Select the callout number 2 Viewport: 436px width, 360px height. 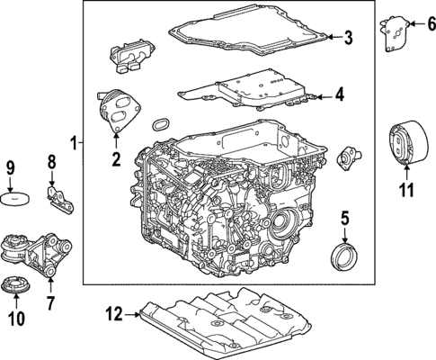(x=115, y=160)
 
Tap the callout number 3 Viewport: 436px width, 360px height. (x=349, y=37)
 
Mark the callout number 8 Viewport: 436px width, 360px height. (x=51, y=162)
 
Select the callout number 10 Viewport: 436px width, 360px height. (x=14, y=318)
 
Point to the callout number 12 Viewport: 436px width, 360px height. (x=111, y=314)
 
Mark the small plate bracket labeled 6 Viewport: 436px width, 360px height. (x=393, y=33)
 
